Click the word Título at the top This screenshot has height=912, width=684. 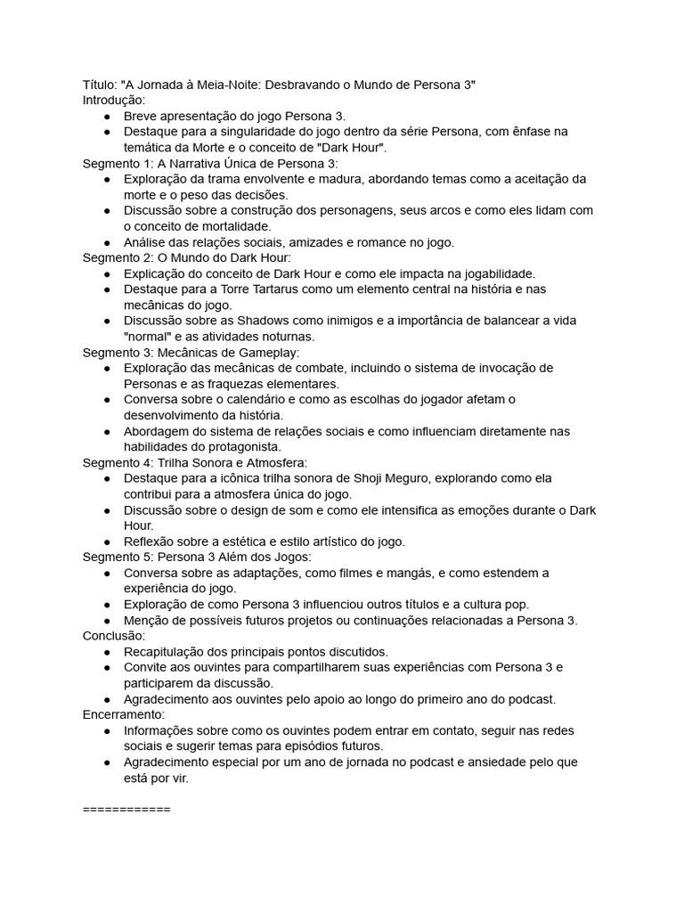(x=99, y=85)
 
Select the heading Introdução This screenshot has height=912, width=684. (x=114, y=101)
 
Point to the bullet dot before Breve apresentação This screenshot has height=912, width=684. (x=107, y=117)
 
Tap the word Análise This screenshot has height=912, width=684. (x=146, y=241)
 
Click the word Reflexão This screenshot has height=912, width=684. (x=150, y=541)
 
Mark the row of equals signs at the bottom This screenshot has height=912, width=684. (x=126, y=810)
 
